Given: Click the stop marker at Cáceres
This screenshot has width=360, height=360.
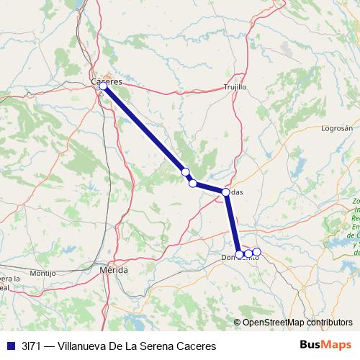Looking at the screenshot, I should click(x=103, y=86).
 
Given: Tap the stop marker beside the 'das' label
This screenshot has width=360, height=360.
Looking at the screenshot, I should click(x=226, y=192).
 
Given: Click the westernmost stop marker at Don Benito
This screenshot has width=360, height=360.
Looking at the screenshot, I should click(x=240, y=254).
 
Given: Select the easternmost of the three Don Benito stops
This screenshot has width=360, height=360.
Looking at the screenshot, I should click(x=256, y=252).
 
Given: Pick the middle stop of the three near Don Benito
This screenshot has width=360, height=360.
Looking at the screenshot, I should click(x=248, y=253).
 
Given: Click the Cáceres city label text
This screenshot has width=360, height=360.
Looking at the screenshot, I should click(x=108, y=81).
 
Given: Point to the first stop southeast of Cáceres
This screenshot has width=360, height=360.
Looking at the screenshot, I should click(x=185, y=171).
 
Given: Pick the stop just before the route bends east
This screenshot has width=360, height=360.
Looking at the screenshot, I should click(x=193, y=183).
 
